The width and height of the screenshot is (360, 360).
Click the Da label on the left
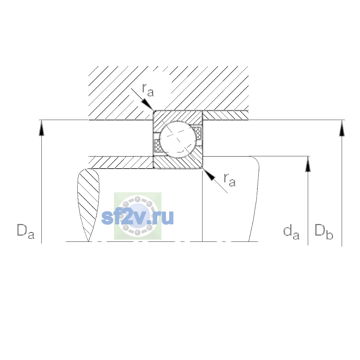26,232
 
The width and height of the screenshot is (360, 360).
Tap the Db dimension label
324,232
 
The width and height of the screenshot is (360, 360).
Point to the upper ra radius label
148,90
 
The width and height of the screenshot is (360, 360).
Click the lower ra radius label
230,180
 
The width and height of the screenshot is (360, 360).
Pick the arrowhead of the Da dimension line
41,128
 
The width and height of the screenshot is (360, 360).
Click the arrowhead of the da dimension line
308,164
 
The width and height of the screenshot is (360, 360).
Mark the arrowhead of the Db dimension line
342,128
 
